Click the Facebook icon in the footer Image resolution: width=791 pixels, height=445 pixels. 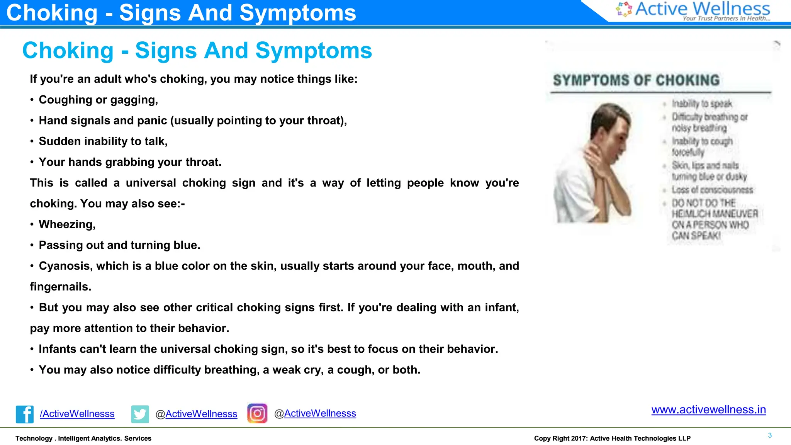pos(25,414)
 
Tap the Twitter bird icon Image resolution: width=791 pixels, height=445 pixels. pos(140,414)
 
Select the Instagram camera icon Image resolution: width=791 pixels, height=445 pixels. pos(257,413)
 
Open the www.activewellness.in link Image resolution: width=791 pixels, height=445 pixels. pos(708,409)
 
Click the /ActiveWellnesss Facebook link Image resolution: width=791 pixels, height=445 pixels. pos(77,414)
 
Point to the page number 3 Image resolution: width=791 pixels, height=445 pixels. pos(770,435)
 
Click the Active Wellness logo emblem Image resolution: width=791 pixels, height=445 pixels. pos(624,9)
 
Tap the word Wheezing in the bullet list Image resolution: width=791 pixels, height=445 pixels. pos(67,224)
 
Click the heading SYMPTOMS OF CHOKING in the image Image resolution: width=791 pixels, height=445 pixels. pos(636,80)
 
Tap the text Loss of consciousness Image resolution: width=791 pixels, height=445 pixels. pos(712,190)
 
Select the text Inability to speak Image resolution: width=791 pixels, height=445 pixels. pos(702,104)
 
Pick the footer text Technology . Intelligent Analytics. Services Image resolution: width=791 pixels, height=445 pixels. pos(83,438)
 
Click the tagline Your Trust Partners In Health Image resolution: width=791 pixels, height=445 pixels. pos(726,18)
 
